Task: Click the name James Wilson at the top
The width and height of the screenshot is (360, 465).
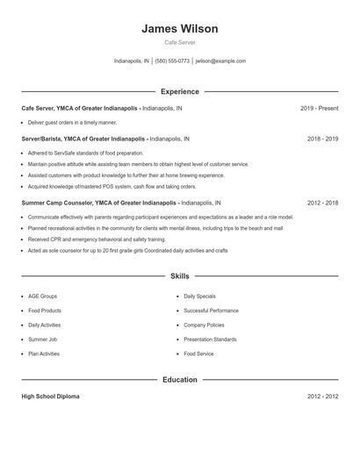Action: pos(180,29)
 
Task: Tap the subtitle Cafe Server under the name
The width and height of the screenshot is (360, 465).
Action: pos(180,42)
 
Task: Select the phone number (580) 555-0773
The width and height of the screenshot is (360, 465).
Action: pos(173,61)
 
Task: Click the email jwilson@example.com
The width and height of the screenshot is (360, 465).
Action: pos(220,61)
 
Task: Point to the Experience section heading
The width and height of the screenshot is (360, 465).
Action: pos(180,91)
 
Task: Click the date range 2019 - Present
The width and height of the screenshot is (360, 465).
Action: pos(319,108)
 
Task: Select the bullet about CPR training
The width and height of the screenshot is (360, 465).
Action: pos(97,239)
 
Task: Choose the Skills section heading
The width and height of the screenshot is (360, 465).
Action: pos(180,275)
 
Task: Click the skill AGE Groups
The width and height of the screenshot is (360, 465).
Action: pos(43,297)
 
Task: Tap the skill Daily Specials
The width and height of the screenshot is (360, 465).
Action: pos(200,297)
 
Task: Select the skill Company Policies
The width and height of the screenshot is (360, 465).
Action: pos(205,325)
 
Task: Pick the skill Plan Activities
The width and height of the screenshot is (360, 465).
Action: pos(44,354)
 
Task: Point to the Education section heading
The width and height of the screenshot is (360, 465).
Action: pos(180,380)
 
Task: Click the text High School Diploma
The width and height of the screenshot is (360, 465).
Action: pos(50,397)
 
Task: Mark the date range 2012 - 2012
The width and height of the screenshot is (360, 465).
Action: pos(322,397)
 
